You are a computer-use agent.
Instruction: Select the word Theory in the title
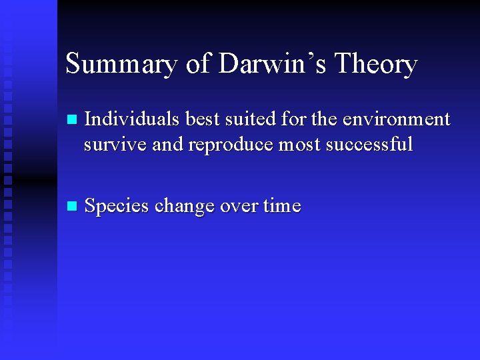click(376, 65)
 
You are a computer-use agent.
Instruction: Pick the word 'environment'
click(400, 119)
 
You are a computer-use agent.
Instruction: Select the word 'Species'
click(117, 207)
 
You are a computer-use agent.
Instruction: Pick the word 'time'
click(282, 207)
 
